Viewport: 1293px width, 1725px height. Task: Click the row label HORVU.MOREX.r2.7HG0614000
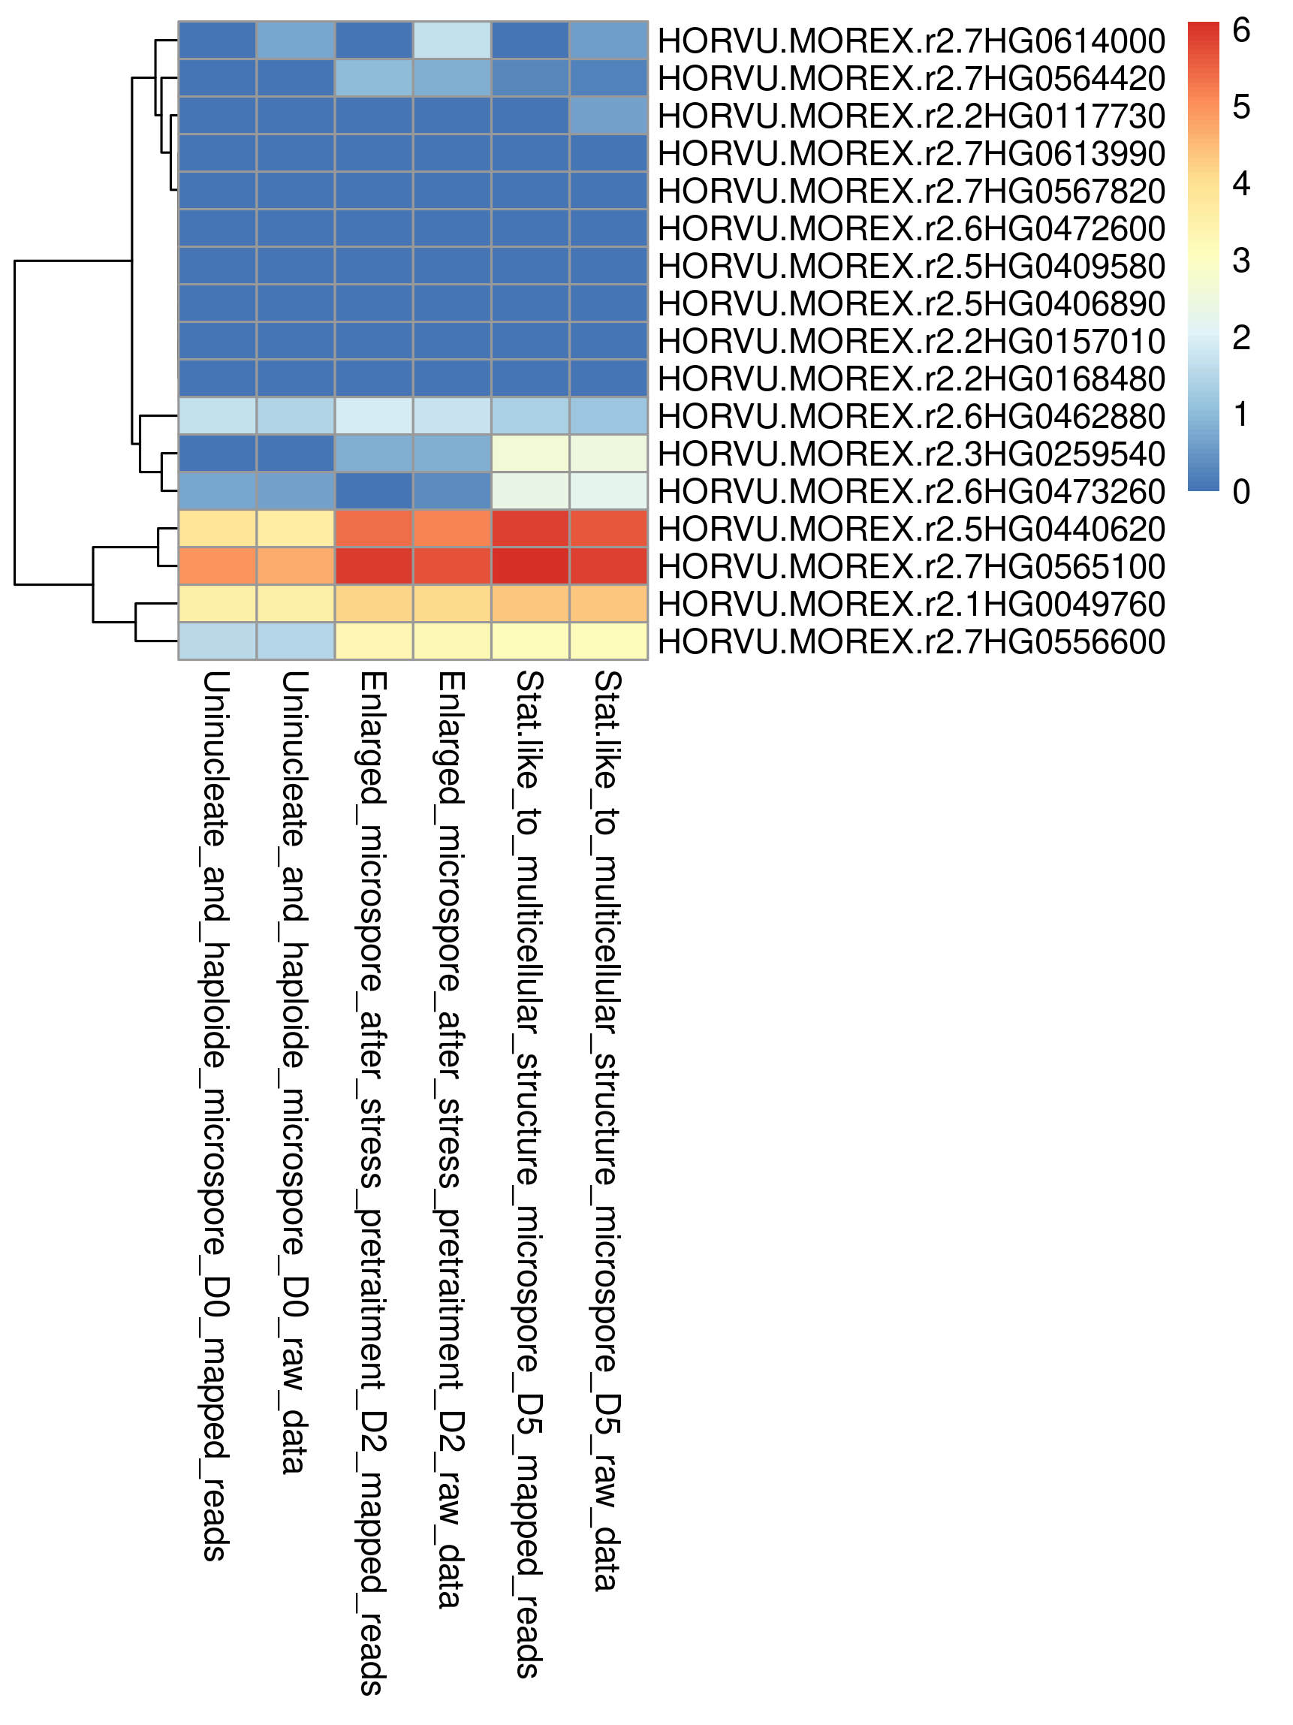911,41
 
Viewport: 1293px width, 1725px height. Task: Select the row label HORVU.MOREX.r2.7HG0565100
911,567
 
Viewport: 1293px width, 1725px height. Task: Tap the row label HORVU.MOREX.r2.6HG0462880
911,417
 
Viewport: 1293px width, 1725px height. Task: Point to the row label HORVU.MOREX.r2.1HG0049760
911,605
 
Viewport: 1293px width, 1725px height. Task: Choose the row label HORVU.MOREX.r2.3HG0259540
911,454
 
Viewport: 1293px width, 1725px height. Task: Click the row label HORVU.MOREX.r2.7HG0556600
911,642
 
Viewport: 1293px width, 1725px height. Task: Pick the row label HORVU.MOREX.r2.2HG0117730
911,116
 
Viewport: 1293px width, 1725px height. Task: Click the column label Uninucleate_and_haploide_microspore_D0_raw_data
295,1072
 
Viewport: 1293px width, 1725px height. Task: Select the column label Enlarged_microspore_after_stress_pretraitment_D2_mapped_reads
372,1183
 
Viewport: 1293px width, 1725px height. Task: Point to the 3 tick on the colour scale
1240,261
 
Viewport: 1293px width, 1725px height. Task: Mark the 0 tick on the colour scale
1240,491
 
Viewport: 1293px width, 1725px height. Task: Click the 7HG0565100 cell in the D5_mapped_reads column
530,566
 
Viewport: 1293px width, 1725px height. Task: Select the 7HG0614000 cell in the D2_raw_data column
452,41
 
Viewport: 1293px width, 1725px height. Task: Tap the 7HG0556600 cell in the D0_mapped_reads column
218,641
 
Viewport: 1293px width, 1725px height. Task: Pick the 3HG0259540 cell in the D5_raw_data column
609,454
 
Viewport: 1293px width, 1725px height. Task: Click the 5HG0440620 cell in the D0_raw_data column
296,529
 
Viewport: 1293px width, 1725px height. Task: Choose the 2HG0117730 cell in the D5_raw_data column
609,116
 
